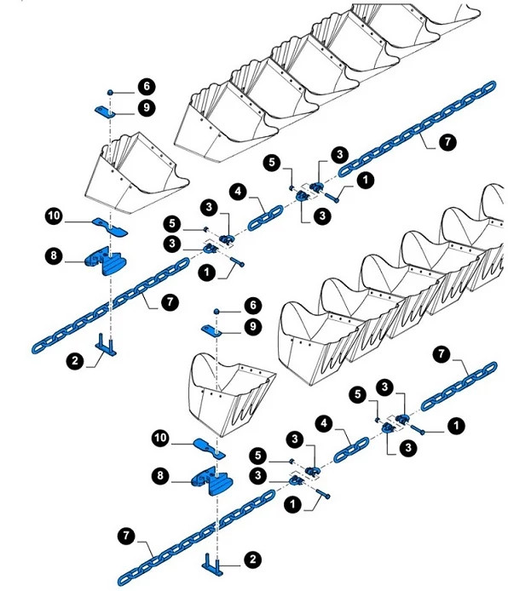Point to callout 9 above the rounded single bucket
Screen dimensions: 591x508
pos(252,326)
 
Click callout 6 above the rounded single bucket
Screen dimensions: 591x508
pos(252,305)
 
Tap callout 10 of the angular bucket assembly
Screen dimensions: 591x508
pos(54,219)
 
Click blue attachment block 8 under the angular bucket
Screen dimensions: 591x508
pos(107,261)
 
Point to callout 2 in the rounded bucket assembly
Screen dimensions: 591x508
pos(252,559)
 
